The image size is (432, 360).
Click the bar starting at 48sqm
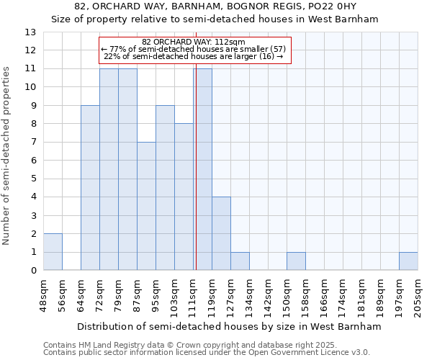(53, 252)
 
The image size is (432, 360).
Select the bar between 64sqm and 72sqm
(90, 188)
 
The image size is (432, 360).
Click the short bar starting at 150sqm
(296, 261)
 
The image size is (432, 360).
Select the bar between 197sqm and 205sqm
(408, 261)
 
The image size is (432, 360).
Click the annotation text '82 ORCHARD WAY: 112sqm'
(194, 42)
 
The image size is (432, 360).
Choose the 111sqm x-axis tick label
(193, 294)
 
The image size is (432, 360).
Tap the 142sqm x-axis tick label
(268, 294)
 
